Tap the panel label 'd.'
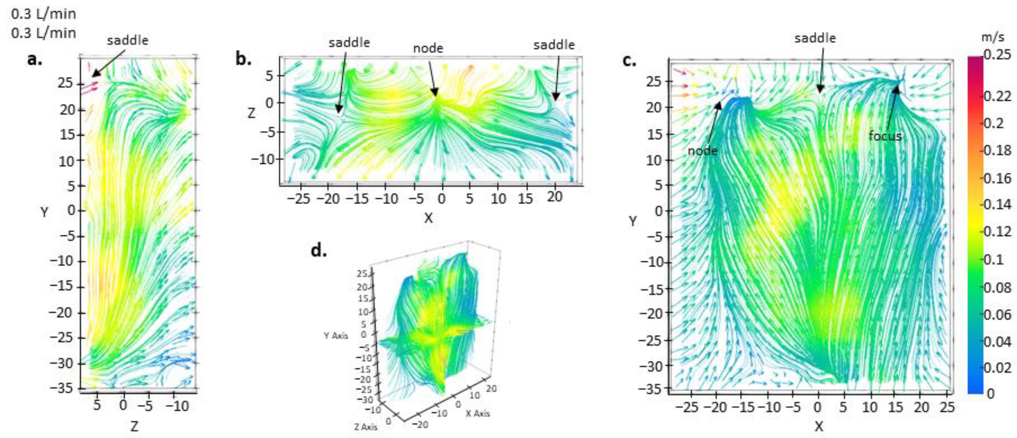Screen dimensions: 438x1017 click(x=319, y=251)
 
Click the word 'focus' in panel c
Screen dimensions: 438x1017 click(x=885, y=136)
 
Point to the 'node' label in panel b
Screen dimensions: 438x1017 click(x=428, y=49)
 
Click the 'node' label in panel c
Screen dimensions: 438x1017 click(x=702, y=151)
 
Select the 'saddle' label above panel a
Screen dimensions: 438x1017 click(x=127, y=40)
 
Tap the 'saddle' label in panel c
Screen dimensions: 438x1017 click(x=815, y=38)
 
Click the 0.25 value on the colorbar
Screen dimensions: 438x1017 click(x=998, y=55)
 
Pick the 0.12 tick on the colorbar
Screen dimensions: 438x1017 click(x=998, y=231)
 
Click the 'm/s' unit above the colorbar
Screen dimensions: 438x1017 click(x=992, y=37)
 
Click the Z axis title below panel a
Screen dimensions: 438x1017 click(x=135, y=426)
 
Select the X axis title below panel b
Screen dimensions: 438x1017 click(x=428, y=218)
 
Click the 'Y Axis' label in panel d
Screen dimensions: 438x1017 click(x=336, y=336)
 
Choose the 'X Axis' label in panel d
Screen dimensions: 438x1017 click(x=478, y=413)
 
